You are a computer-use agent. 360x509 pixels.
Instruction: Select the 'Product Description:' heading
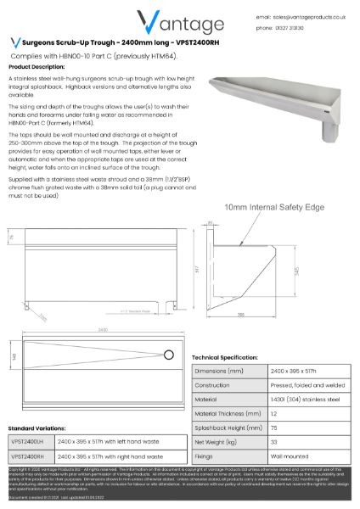(x=37, y=66)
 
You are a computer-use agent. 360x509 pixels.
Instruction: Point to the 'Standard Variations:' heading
(x=37, y=428)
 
